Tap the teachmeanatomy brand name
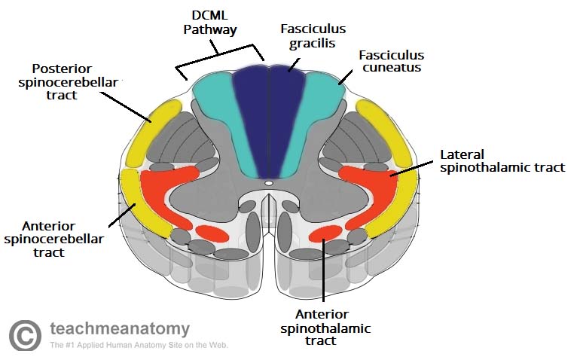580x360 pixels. pyautogui.click(x=119, y=329)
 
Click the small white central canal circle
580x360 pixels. pyautogui.click(x=268, y=182)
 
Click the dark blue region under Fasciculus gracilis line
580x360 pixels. pyautogui.click(x=269, y=113)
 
